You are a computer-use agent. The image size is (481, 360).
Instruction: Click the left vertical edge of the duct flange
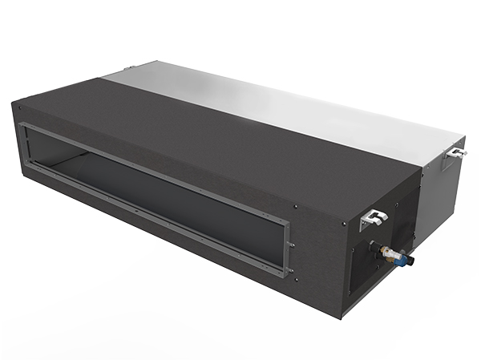(23, 144)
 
